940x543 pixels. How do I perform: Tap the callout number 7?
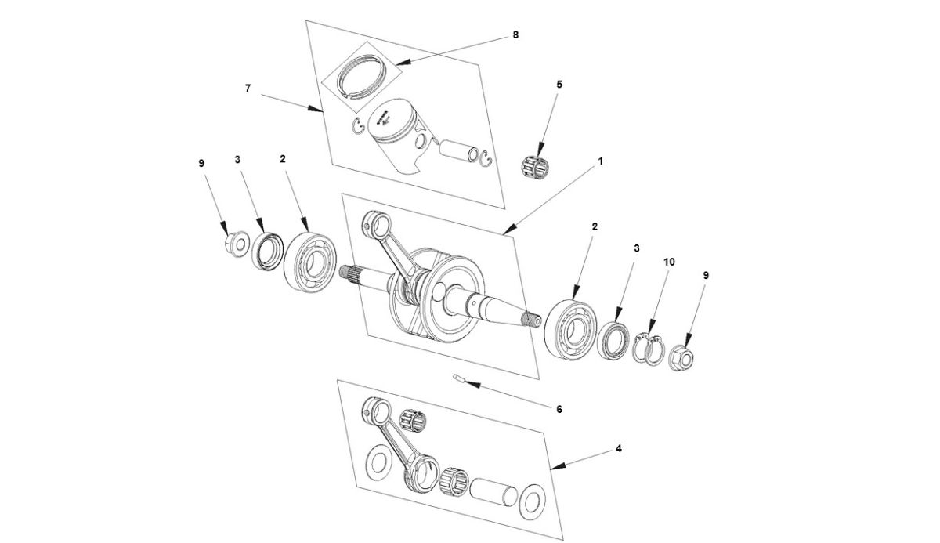tap(248, 89)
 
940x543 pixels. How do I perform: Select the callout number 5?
tap(559, 84)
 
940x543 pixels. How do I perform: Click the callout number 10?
tap(668, 261)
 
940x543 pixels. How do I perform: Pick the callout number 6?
tap(559, 408)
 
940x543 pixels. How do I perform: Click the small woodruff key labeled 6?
tap(460, 379)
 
